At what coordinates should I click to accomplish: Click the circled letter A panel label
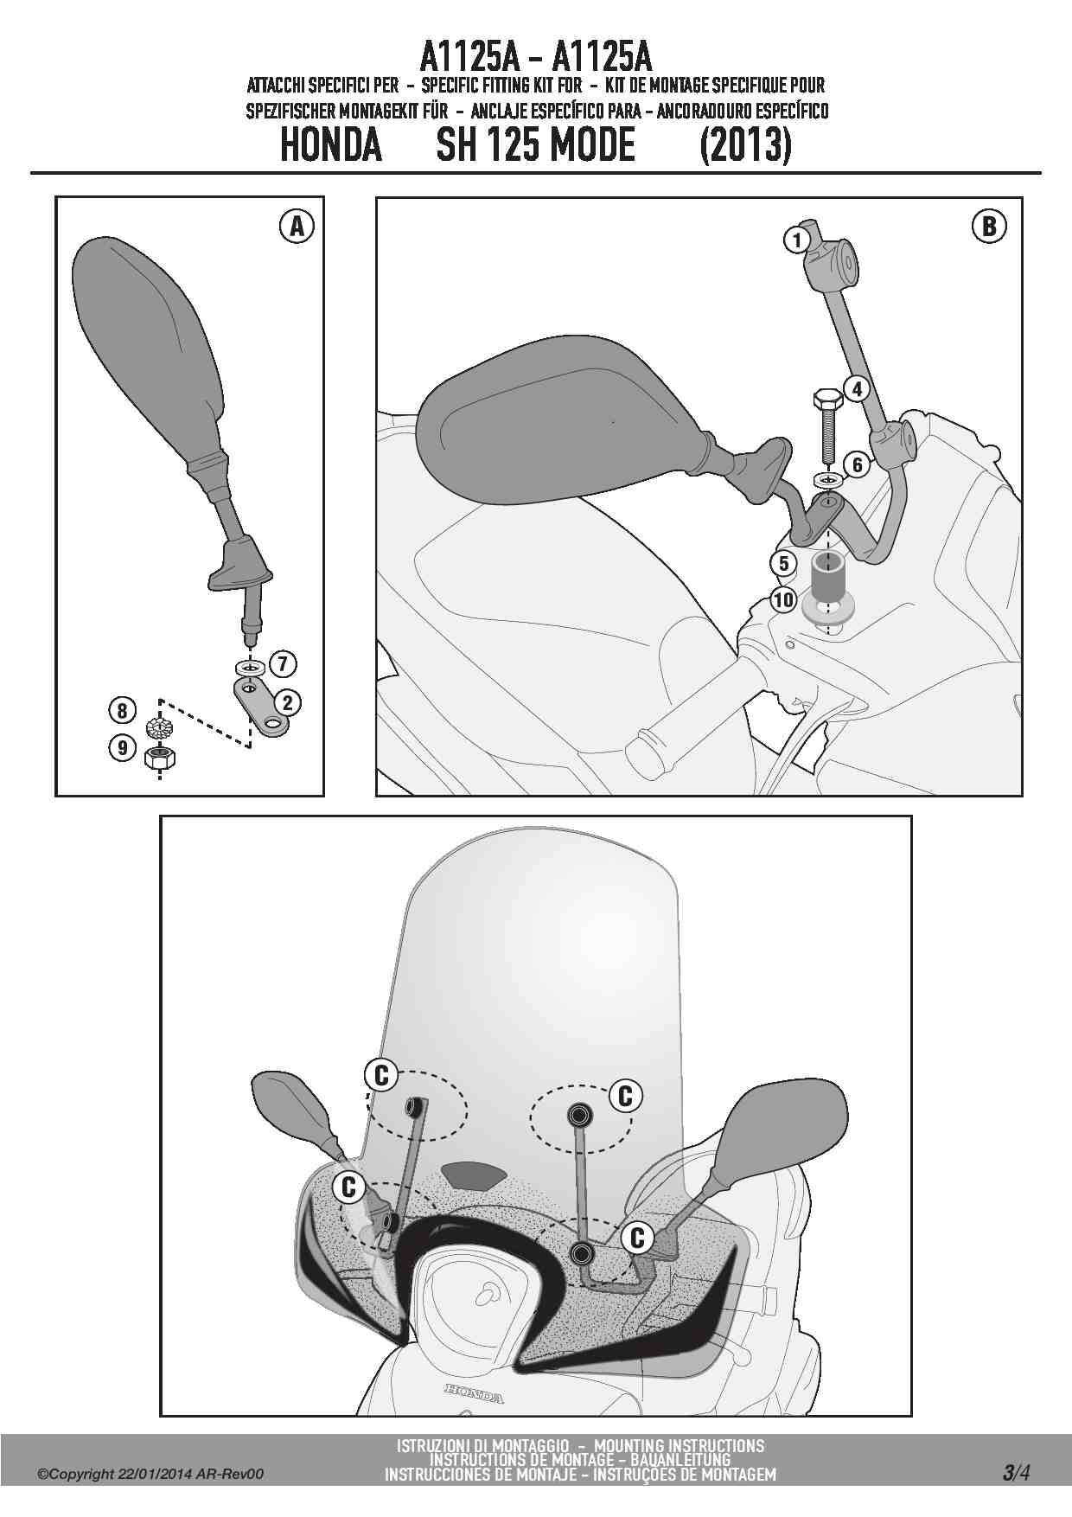(x=297, y=227)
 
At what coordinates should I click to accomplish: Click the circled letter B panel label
(x=989, y=227)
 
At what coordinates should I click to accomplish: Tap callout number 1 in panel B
(x=796, y=240)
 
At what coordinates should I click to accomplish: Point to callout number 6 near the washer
(x=857, y=465)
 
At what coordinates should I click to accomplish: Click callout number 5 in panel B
(x=782, y=564)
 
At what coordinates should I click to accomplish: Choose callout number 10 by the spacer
(x=782, y=599)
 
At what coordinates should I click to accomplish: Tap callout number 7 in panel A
(x=283, y=664)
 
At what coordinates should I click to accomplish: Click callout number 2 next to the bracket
(x=287, y=702)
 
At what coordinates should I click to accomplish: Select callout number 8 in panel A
(x=122, y=711)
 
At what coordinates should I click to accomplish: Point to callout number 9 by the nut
(x=122, y=746)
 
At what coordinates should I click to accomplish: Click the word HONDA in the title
(x=331, y=144)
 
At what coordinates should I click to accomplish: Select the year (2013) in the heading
(x=745, y=144)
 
